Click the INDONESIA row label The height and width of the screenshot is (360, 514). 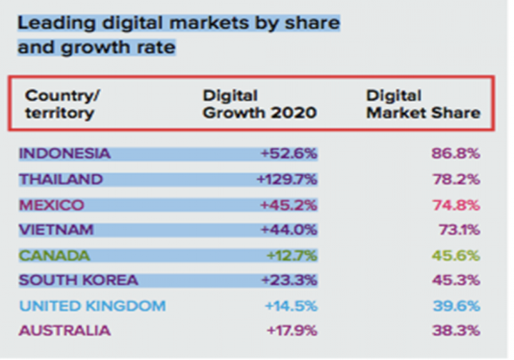[65, 154]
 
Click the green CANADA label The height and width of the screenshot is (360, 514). [54, 256]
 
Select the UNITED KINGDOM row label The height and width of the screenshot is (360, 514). [92, 306]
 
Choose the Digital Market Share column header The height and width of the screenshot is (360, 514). [423, 104]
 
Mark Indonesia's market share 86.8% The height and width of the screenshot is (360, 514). [455, 154]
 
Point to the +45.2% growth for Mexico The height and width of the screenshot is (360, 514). [291, 205]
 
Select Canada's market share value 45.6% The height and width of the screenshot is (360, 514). [455, 256]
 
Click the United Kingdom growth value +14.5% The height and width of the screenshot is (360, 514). [291, 306]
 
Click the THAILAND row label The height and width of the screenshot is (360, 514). [61, 179]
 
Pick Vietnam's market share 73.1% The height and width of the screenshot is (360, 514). [458, 230]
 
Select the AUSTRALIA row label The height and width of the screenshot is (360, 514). [64, 331]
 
